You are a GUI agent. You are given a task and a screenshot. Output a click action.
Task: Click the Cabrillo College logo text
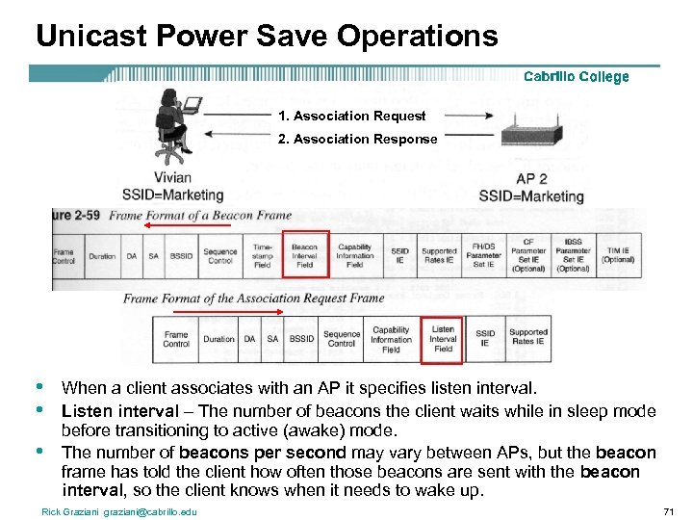pos(576,77)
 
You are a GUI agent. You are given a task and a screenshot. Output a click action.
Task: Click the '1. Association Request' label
pos(351,116)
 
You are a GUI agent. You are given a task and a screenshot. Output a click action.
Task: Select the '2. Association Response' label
pos(357,139)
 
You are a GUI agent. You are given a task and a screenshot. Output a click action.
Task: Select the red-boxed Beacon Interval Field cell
pos(305,255)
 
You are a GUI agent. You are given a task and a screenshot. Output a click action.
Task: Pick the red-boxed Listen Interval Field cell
pos(443,338)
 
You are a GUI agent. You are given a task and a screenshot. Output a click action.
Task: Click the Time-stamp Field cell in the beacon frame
pos(261,255)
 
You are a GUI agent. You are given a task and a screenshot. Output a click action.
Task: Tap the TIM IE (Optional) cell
pos(617,256)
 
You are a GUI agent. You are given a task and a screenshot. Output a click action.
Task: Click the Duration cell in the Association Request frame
pos(218,339)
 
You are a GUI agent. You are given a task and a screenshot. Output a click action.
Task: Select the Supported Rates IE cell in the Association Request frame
pos(527,338)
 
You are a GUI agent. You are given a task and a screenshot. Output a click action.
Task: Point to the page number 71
pos(669,510)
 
